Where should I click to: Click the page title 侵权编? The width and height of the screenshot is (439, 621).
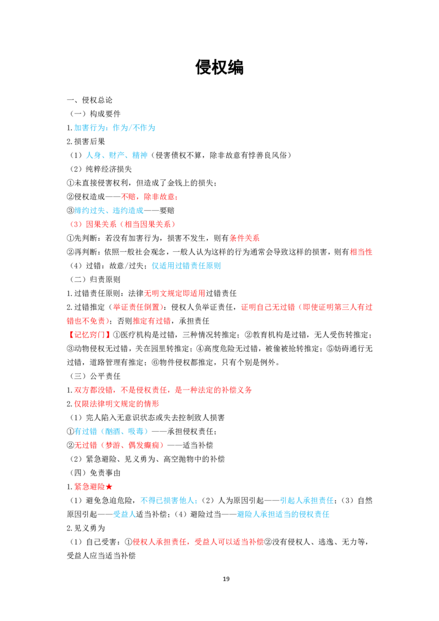[x=219, y=67]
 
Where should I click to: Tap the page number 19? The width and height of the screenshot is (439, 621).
[x=226, y=579]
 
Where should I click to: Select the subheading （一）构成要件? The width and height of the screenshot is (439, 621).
[x=95, y=114]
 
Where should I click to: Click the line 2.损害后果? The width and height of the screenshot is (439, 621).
[x=86, y=142]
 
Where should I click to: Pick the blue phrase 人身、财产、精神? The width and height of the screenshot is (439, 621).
[x=117, y=155]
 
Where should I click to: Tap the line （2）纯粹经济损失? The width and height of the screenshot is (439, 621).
[x=100, y=169]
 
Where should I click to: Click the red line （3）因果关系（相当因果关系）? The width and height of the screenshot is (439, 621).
[x=122, y=224]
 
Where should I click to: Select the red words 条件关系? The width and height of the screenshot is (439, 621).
[x=244, y=238]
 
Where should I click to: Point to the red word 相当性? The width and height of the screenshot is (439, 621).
[x=361, y=252]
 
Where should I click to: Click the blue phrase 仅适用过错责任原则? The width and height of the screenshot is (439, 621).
[x=186, y=266]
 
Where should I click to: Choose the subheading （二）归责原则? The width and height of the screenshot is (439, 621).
[x=95, y=280]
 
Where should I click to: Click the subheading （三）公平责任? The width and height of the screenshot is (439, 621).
[x=95, y=376]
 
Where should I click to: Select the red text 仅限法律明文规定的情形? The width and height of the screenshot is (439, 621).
[x=116, y=404]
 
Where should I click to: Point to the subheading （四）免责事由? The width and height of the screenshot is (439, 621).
[x=95, y=473]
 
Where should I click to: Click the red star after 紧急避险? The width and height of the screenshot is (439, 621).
[x=109, y=487]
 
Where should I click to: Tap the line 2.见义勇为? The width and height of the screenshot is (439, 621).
[x=86, y=528]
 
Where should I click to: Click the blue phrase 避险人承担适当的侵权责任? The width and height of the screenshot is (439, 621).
[x=283, y=515]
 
